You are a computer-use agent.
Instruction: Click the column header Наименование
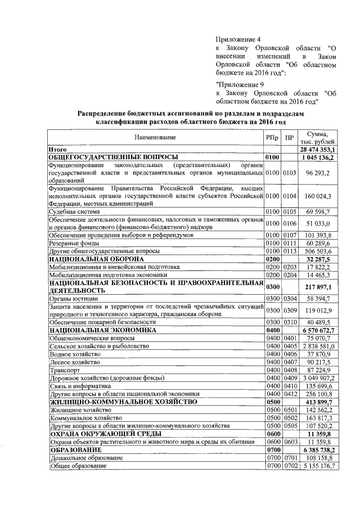click(x=155, y=137)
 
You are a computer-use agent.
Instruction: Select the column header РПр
click(x=272, y=137)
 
